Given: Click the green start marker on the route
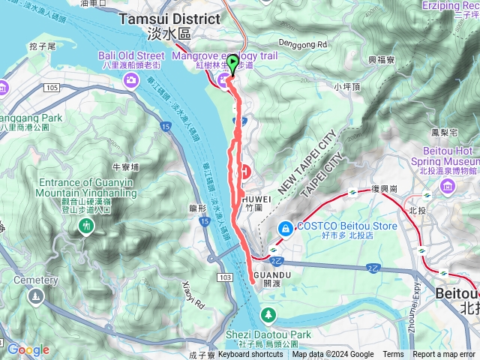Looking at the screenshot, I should (232, 65).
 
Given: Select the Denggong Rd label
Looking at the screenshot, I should (304, 44).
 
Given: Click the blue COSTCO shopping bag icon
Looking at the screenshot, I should (286, 227).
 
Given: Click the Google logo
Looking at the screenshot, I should (28, 349).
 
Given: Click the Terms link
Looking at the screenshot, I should (393, 355).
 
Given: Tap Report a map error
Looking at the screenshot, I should (444, 355).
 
